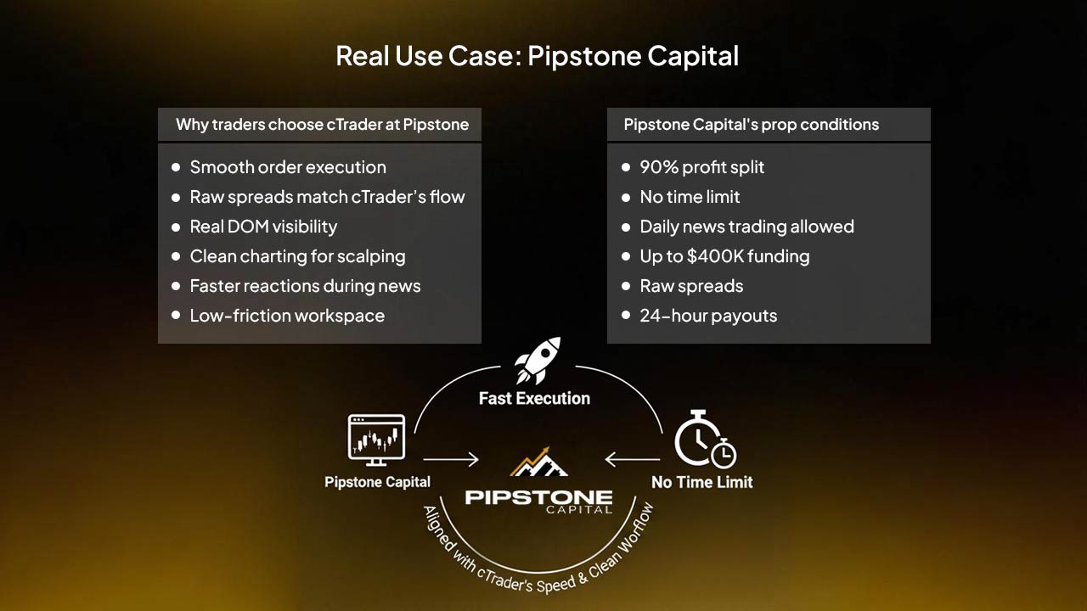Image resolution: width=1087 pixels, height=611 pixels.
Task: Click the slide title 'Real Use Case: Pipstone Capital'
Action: click(x=537, y=56)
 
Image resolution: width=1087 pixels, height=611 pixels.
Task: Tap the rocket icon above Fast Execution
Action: click(x=537, y=360)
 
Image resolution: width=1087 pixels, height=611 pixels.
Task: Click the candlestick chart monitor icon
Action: click(x=376, y=439)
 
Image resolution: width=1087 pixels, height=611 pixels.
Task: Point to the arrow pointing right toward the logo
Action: click(x=451, y=460)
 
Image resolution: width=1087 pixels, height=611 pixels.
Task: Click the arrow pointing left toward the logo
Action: click(x=632, y=460)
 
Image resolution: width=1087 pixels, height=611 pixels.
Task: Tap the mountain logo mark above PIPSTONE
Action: click(x=538, y=462)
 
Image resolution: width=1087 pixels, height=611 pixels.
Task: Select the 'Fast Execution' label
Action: click(x=534, y=398)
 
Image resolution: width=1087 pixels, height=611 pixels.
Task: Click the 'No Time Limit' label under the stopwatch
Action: click(x=701, y=482)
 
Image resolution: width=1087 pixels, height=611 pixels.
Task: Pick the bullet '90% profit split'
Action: click(x=701, y=167)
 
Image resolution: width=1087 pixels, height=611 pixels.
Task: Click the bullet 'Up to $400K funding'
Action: click(x=724, y=256)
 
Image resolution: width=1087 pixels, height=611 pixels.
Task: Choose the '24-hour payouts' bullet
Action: click(x=708, y=316)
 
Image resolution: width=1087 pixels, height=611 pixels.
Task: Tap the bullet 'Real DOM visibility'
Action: click(x=263, y=227)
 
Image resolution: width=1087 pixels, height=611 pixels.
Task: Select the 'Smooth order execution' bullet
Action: click(x=288, y=167)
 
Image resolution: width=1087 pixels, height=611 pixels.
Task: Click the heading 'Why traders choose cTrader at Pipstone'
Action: click(x=322, y=125)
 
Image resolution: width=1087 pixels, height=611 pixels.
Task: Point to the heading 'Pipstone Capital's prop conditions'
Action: click(x=751, y=125)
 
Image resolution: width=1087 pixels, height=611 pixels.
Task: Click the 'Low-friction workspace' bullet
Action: click(x=287, y=316)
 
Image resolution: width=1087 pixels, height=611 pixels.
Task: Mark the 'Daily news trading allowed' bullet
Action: click(x=746, y=227)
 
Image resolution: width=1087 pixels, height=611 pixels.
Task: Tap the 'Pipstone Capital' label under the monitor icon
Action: click(x=377, y=482)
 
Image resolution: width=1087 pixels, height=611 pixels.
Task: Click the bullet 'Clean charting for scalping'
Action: click(x=297, y=256)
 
